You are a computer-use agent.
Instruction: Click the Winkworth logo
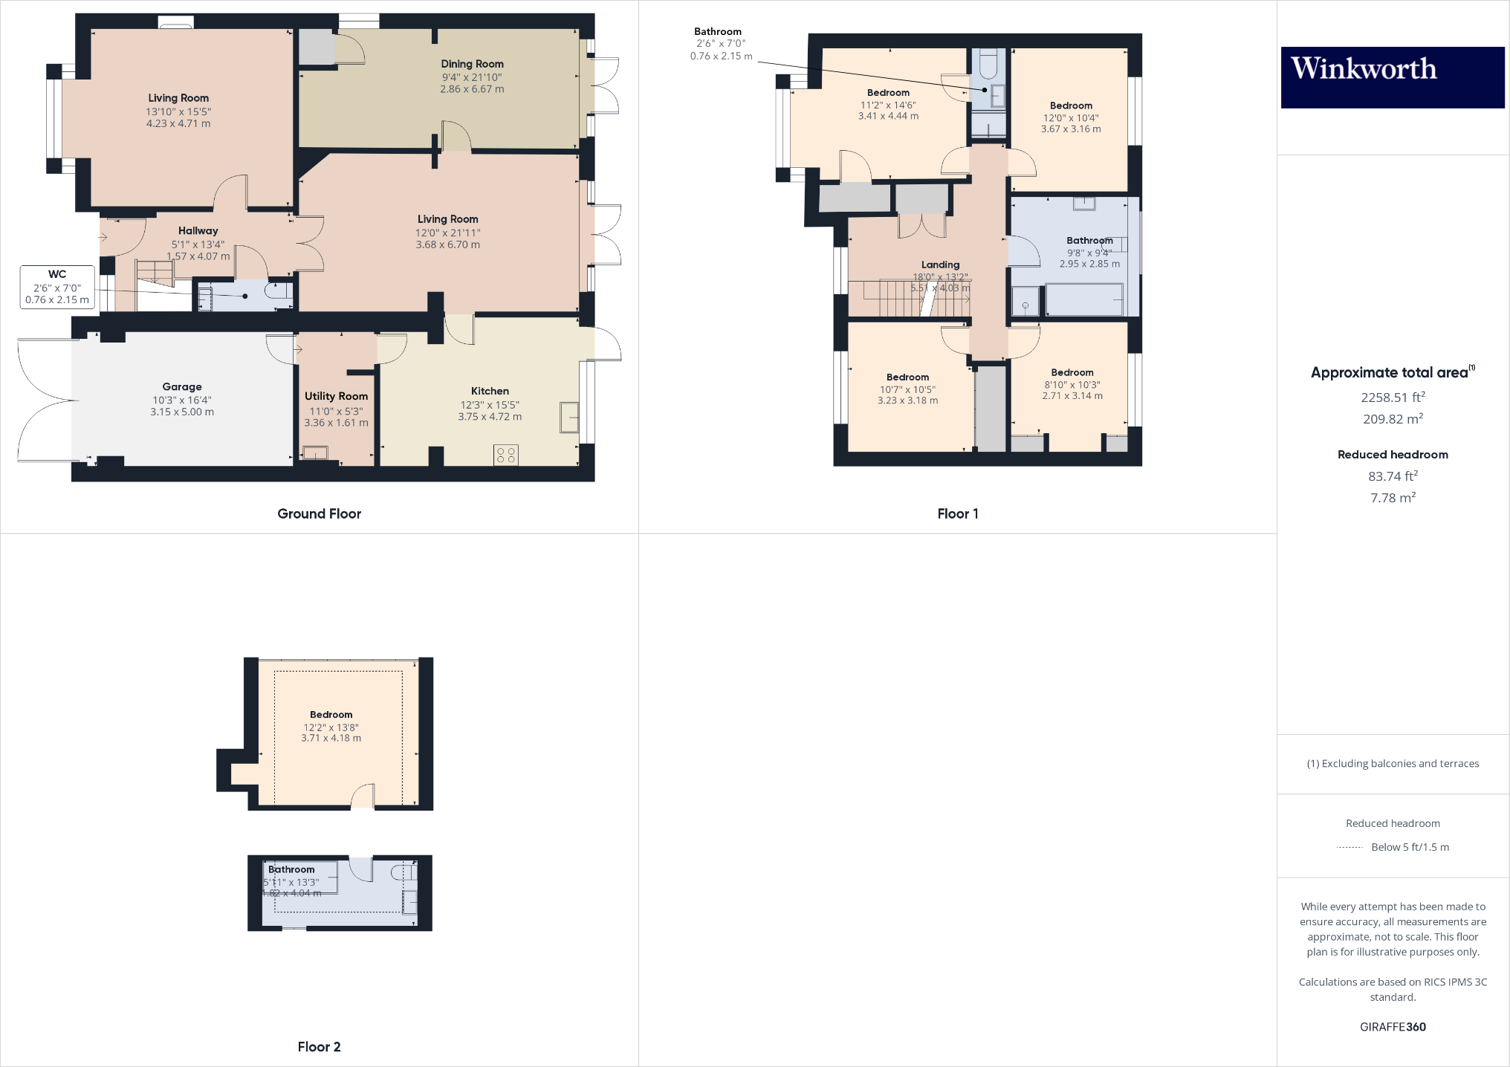point(1392,77)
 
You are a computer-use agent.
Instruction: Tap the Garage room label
point(182,386)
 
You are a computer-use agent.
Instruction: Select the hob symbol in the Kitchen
point(506,455)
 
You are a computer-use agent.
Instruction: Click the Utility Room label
point(336,396)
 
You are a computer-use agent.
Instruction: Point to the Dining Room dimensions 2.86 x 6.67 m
point(472,89)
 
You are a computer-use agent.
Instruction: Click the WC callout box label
point(57,274)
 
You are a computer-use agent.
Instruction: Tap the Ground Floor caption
point(319,513)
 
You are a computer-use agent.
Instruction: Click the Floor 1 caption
point(957,513)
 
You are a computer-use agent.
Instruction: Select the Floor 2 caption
point(319,1046)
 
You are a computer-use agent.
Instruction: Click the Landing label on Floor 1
point(940,265)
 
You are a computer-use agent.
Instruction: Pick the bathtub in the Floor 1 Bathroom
point(1084,299)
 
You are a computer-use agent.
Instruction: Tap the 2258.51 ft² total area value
point(1393,398)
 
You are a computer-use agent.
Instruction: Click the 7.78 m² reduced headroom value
point(1393,498)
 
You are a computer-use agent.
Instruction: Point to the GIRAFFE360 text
point(1393,1027)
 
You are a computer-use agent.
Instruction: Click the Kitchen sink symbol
point(569,417)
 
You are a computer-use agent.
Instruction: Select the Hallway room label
point(198,231)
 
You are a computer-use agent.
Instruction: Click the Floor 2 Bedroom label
point(331,715)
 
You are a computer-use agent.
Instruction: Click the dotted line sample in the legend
point(1349,847)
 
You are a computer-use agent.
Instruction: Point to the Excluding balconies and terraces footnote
point(1393,764)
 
